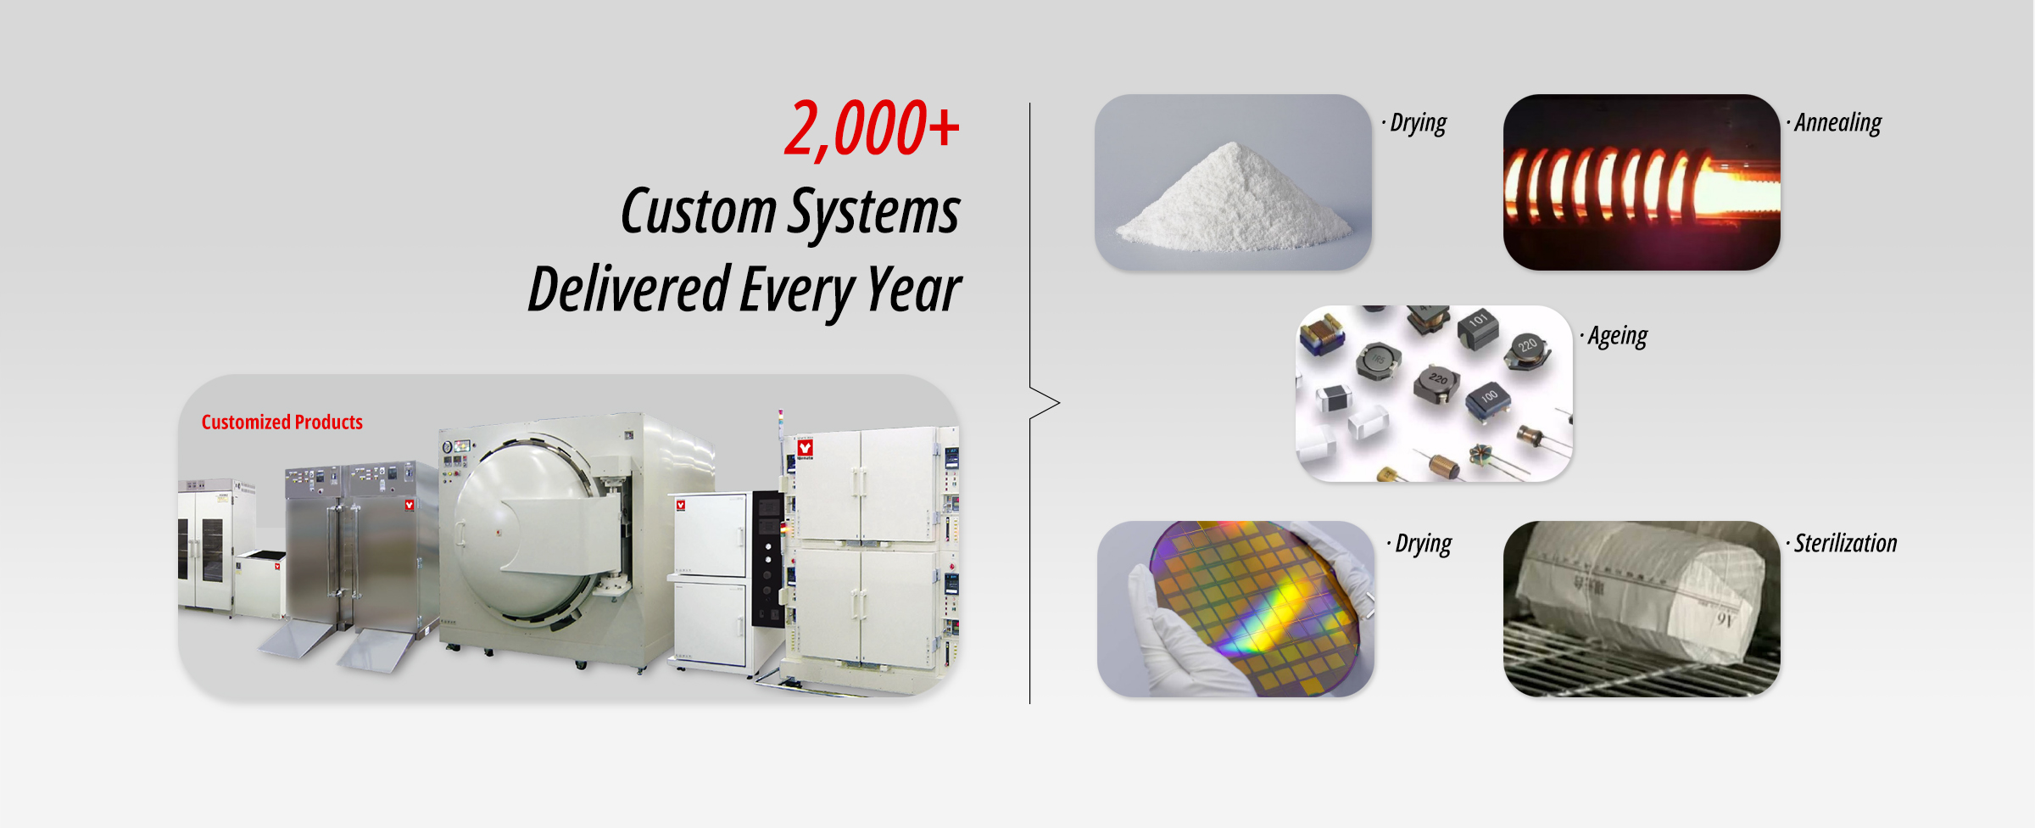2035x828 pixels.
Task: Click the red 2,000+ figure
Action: pos(872,129)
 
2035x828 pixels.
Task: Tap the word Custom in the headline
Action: pos(699,210)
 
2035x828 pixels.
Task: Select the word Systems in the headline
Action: pos(875,212)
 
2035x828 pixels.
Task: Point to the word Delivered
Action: pos(629,288)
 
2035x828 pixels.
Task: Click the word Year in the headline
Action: pos(915,290)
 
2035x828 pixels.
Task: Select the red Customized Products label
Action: pos(282,422)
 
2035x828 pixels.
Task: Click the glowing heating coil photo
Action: pos(1642,182)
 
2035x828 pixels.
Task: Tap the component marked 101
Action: pos(1479,328)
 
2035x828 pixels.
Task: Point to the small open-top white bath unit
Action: pos(260,584)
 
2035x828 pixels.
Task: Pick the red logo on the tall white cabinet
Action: pos(805,447)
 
